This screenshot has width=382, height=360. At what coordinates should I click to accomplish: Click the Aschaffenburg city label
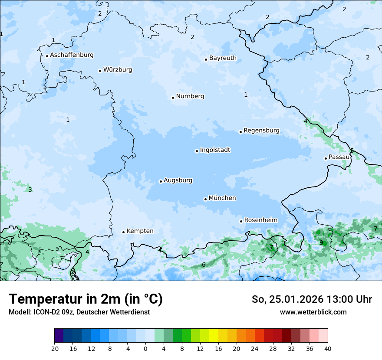coord(72,55)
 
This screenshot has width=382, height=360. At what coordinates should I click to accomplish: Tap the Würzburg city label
coord(118,70)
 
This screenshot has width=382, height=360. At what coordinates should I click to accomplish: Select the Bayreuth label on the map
coord(223,58)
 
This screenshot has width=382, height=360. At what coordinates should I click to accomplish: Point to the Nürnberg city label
coord(190,96)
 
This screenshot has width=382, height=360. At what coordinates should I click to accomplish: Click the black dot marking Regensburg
coord(240,132)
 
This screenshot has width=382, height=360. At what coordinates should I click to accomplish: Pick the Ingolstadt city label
coord(215,150)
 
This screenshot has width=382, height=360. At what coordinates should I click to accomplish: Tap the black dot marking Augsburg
coord(161,181)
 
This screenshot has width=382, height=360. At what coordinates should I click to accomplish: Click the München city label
coord(222,198)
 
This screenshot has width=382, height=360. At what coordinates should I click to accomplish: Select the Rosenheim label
coord(260,220)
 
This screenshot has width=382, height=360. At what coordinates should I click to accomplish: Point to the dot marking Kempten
coord(123,232)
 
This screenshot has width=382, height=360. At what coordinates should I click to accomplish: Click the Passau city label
coord(339,157)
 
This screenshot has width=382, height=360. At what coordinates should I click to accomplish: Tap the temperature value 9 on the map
coord(321,242)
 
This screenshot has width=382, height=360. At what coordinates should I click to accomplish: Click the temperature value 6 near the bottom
coord(204,265)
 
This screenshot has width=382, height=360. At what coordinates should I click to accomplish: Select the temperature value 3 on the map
coord(30,190)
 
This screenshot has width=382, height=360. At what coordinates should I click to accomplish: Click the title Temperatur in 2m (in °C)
coord(86,299)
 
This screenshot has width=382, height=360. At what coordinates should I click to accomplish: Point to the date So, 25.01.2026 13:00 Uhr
coord(312,299)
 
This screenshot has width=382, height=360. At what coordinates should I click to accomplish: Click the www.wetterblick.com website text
coord(313,312)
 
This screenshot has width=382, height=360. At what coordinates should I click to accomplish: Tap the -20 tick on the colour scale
coord(54,349)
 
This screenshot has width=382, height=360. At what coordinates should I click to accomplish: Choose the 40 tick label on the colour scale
coord(328,349)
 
